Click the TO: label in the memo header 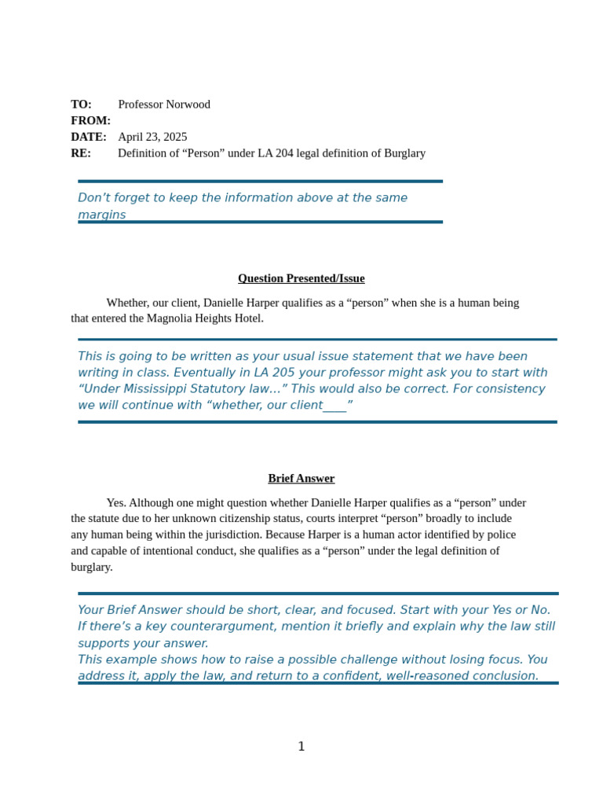(x=81, y=105)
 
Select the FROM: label (x=90, y=120)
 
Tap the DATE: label (x=89, y=137)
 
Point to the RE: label (x=81, y=153)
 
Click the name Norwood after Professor (x=188, y=105)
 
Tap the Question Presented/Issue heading (x=301, y=278)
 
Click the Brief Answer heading (x=301, y=478)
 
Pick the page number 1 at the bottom (x=301, y=747)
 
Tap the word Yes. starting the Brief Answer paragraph (x=116, y=502)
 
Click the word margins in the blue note (x=101, y=215)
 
